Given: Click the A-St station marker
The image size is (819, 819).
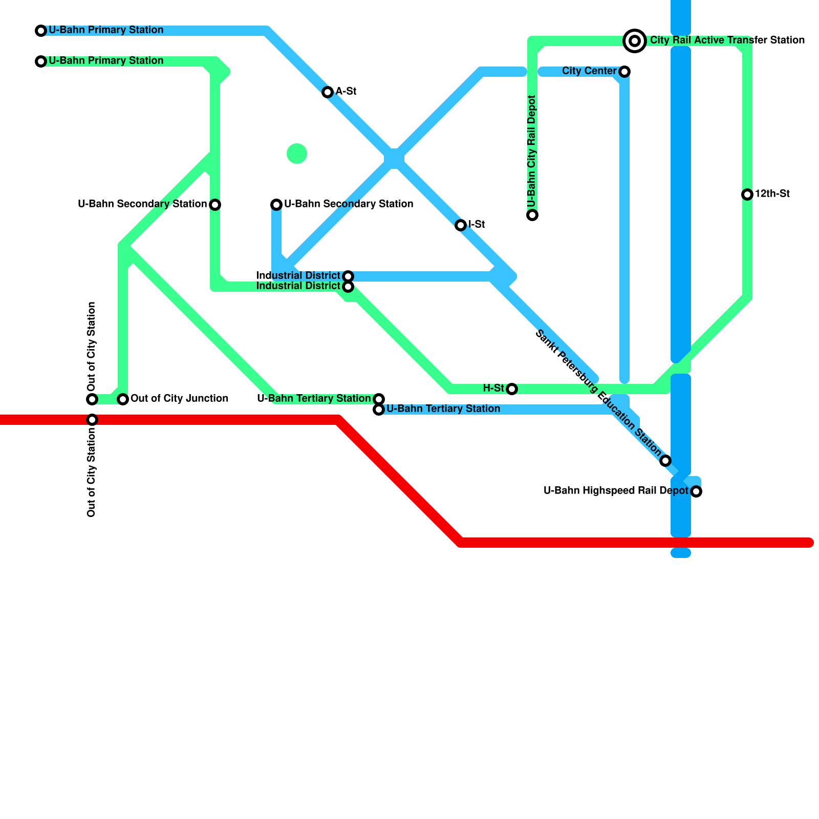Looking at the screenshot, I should tap(328, 92).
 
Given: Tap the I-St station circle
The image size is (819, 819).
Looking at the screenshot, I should tap(461, 225).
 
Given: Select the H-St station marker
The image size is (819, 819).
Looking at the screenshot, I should tap(512, 389).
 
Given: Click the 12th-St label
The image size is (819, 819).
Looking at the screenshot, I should tap(772, 194).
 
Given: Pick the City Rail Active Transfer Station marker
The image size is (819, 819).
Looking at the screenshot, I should tap(635, 40).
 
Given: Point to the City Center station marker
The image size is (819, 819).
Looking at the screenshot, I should tap(624, 72).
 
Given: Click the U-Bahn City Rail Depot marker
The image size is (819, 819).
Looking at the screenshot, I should tap(532, 215).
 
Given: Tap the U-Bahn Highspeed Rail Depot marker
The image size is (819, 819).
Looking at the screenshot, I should tap(696, 491).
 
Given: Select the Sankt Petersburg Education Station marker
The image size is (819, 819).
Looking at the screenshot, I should tap(665, 461).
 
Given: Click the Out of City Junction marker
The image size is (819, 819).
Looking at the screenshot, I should tap(123, 399).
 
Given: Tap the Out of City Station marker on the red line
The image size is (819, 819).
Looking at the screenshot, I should tap(92, 420).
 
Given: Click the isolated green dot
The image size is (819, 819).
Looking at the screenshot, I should tap(297, 154).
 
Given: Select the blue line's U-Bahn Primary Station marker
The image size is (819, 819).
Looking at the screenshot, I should tap(41, 31).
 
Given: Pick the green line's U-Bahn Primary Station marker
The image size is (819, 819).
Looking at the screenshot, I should tap(41, 61).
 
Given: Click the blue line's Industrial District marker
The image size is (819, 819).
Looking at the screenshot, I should tap(348, 276).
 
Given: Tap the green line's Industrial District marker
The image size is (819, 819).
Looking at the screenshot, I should tap(348, 287).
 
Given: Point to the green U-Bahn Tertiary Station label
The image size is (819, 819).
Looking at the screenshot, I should tap(314, 399).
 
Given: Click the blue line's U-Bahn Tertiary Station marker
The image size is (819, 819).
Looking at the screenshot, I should tap(379, 409).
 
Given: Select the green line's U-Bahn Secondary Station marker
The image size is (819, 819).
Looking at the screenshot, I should tap(215, 205).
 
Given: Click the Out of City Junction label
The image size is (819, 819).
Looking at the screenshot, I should tap(179, 399).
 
